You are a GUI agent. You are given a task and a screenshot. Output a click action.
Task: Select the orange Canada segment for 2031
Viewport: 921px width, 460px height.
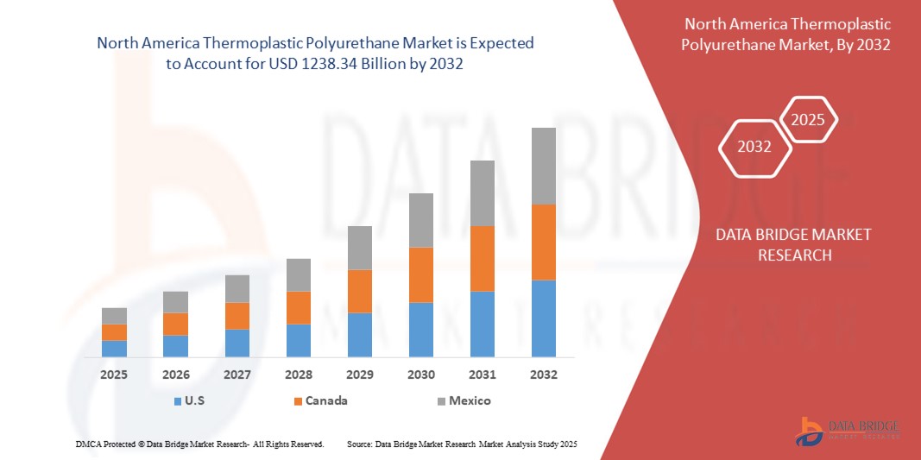pyautogui.click(x=483, y=258)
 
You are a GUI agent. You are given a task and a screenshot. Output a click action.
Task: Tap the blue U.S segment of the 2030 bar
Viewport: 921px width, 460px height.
pyautogui.click(x=421, y=330)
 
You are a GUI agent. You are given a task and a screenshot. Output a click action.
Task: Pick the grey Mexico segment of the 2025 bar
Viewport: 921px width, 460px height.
pyautogui.click(x=114, y=316)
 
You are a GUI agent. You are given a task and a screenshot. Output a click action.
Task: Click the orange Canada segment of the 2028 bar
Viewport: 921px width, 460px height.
pyautogui.click(x=299, y=307)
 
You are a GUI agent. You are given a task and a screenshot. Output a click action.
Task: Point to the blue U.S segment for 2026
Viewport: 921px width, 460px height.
pyautogui.click(x=175, y=346)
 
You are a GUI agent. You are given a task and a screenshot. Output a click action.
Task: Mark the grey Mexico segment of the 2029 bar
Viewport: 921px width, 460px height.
pyautogui.click(x=360, y=248)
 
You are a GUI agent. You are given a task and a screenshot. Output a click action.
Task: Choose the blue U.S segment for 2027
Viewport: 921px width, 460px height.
pyautogui.click(x=237, y=343)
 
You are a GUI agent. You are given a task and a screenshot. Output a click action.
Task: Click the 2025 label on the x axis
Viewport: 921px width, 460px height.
pyautogui.click(x=114, y=375)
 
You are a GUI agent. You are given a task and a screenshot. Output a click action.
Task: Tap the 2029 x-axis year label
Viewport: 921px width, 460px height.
pyautogui.click(x=360, y=375)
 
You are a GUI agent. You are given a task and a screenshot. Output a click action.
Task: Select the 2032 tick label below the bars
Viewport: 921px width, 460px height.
pyautogui.click(x=544, y=375)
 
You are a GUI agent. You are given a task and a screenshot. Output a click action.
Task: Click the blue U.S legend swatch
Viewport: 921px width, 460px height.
pyautogui.click(x=177, y=400)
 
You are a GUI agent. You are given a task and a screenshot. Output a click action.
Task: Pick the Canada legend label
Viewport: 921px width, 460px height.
pyautogui.click(x=328, y=400)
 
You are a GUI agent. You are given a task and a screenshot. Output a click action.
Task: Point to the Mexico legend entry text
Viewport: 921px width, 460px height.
pyautogui.click(x=470, y=400)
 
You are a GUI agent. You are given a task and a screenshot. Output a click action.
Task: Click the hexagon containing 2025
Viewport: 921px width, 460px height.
pyautogui.click(x=808, y=121)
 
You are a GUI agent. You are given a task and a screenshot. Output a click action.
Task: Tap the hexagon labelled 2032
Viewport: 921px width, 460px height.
pyautogui.click(x=754, y=147)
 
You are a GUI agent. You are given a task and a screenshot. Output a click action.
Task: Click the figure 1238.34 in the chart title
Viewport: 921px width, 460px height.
pyautogui.click(x=332, y=63)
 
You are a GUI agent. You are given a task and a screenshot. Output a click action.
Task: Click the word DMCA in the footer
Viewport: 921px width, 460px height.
pyautogui.click(x=89, y=444)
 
